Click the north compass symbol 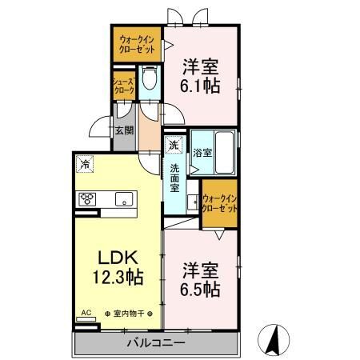(x=274, y=340)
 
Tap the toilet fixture (x=150, y=78)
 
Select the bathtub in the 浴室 (x=224, y=152)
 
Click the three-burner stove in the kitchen (x=87, y=199)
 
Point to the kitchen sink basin (x=124, y=199)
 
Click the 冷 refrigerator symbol (x=85, y=164)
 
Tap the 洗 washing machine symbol (x=174, y=145)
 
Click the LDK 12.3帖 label (x=118, y=267)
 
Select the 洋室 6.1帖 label (x=200, y=76)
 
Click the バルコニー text (x=156, y=343)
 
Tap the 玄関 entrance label (x=124, y=130)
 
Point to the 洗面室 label (x=175, y=178)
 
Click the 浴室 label (x=202, y=153)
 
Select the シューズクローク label (x=124, y=86)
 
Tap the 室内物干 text (x=129, y=314)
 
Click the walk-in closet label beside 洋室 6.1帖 (x=137, y=45)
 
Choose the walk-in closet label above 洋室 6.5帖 (x=220, y=203)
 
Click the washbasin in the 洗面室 (x=193, y=202)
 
